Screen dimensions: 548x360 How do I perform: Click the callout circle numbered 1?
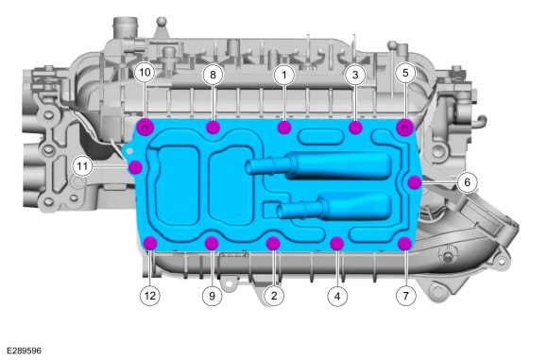(x=284, y=75)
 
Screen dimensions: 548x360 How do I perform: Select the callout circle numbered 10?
(x=145, y=73)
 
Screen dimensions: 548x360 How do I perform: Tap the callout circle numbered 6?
(x=468, y=182)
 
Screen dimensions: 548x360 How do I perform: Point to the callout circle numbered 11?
(x=82, y=166)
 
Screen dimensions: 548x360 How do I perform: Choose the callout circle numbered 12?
(x=150, y=296)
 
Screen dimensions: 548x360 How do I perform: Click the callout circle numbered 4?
(x=337, y=297)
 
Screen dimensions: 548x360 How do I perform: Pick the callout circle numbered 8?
(x=213, y=75)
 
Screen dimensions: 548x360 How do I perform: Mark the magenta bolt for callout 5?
(x=405, y=128)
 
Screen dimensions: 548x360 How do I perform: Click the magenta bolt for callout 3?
(x=355, y=128)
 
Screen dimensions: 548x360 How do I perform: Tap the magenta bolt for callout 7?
(x=405, y=244)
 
